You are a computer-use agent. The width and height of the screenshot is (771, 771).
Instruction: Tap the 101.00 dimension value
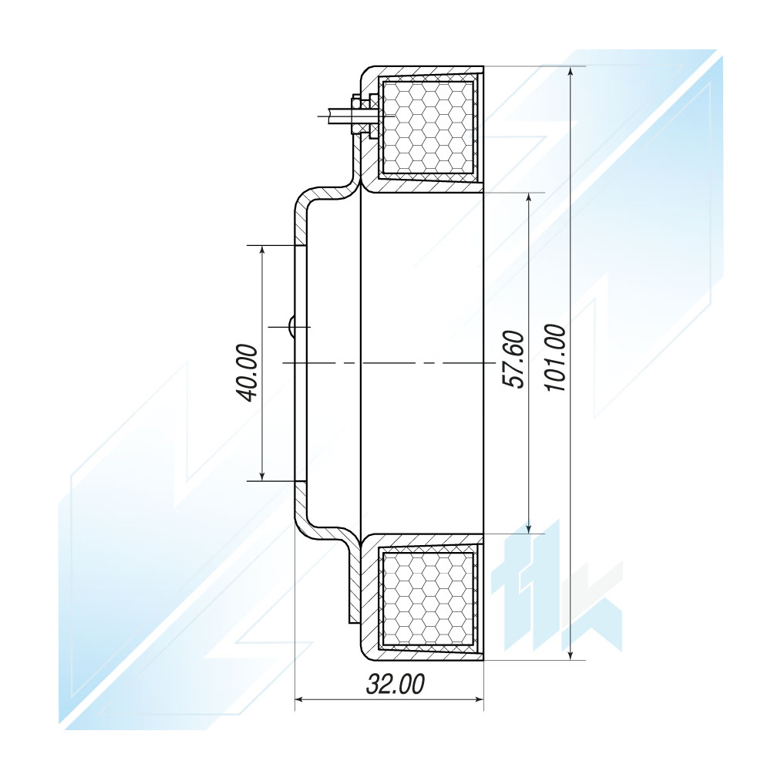point(556,358)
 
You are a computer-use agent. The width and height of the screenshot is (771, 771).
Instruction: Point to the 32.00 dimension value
point(396,684)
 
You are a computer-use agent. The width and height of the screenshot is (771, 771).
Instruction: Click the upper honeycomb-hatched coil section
point(428,128)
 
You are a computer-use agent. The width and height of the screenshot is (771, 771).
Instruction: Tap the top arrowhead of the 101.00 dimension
point(571,72)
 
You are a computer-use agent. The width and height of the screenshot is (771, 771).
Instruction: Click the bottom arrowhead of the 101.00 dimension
point(571,653)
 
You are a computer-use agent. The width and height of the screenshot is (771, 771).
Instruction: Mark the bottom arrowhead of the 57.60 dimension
point(529,527)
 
